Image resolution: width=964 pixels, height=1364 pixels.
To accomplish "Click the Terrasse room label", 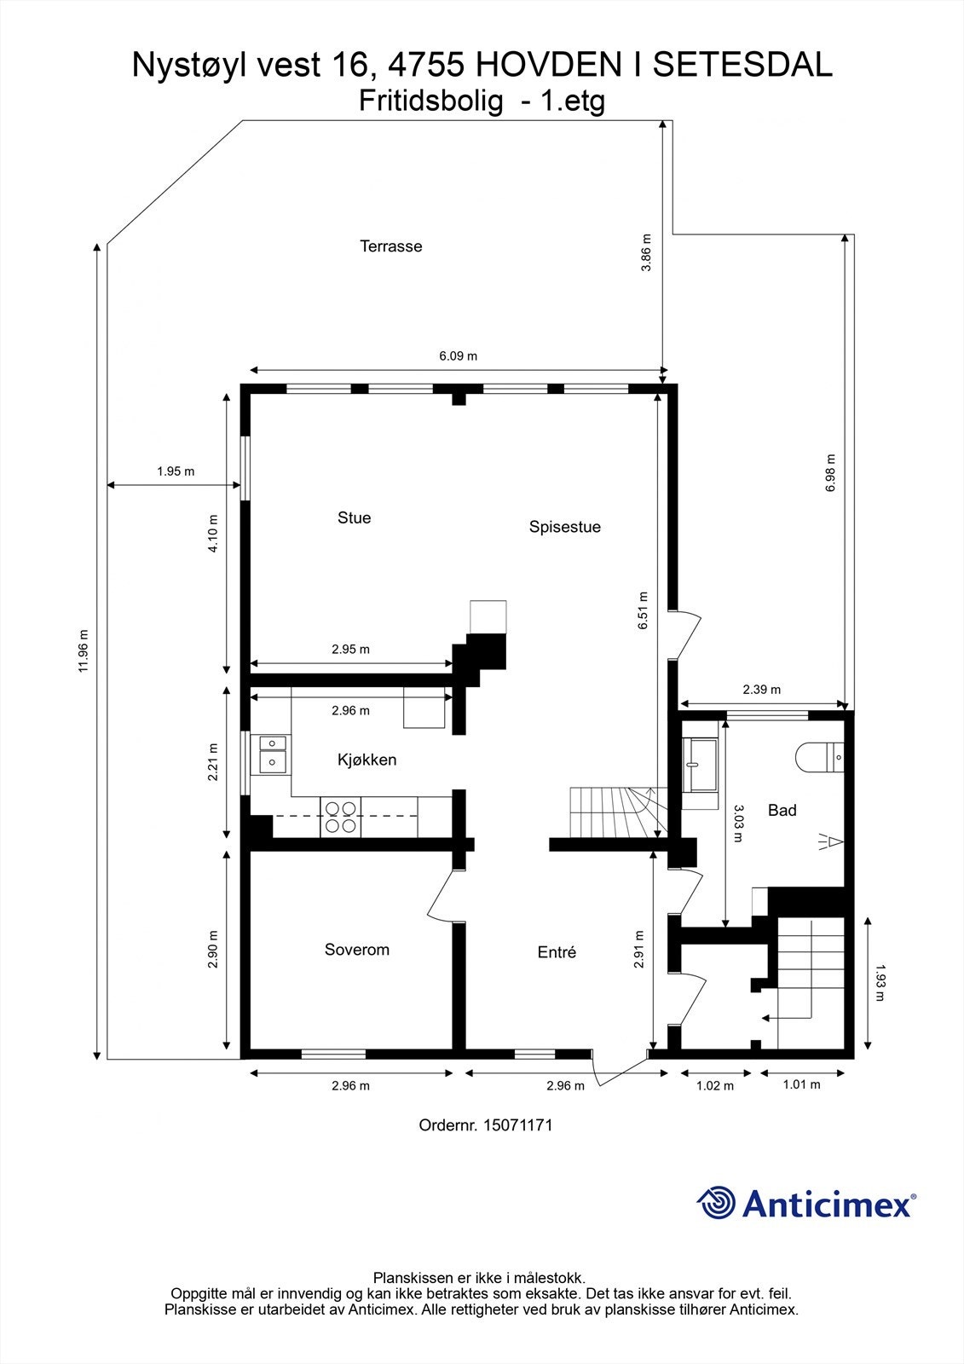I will (390, 246).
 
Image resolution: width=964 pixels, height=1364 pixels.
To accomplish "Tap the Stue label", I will (354, 517).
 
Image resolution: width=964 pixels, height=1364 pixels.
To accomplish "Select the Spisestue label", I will (564, 527).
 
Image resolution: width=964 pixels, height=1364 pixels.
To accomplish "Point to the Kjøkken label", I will (367, 760).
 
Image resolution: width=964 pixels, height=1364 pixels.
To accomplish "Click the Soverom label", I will (356, 950).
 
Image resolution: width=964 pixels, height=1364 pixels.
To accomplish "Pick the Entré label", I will (557, 953).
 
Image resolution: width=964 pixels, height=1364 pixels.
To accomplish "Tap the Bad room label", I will (782, 810).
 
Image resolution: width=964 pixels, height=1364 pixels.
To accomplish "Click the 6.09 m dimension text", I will (458, 355).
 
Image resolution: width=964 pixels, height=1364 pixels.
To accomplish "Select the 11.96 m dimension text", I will (83, 651).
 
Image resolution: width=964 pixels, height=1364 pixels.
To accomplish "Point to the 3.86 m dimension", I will (646, 252).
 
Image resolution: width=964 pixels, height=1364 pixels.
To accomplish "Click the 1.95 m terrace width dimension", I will (175, 471).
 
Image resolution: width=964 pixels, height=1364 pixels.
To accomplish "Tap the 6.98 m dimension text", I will (831, 477).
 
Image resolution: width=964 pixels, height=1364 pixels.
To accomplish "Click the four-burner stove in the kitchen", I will (341, 817).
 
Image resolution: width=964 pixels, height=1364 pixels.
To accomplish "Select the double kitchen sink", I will (273, 752).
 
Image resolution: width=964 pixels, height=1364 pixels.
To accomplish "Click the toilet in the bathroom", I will (818, 756).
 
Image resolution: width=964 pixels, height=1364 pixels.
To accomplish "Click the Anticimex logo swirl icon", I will (716, 1204).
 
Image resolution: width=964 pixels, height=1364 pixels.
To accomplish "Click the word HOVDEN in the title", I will (554, 65).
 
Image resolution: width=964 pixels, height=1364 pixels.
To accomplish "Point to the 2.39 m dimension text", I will (761, 690).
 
